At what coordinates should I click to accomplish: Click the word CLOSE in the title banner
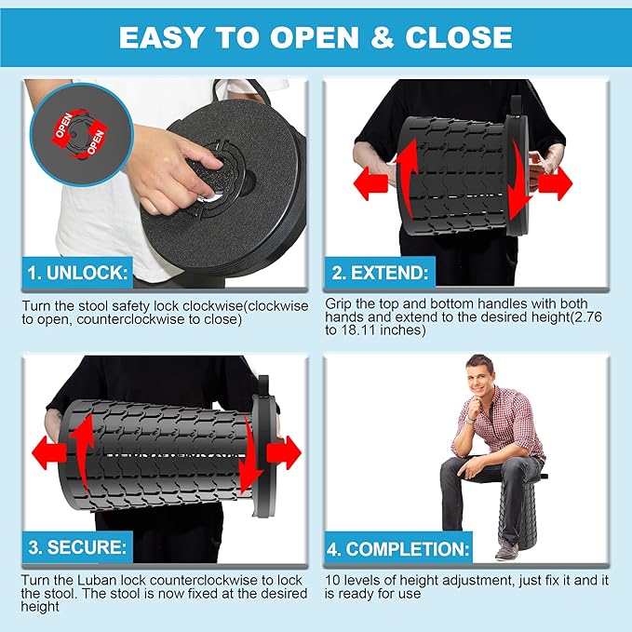click(x=459, y=37)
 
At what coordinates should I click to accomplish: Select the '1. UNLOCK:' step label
click(x=77, y=273)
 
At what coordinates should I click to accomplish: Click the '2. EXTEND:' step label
click(x=380, y=273)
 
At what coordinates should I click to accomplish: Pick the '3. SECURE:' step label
click(x=77, y=547)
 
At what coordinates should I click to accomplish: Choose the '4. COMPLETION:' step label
click(x=398, y=549)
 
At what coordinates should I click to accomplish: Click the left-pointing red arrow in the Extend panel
click(x=370, y=183)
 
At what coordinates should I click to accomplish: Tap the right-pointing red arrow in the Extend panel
click(x=556, y=183)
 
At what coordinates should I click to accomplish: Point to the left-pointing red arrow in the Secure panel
click(x=48, y=452)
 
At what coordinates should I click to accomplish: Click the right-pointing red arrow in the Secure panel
click(x=284, y=452)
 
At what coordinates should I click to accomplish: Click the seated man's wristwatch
click(x=470, y=420)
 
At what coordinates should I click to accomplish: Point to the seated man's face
click(x=478, y=380)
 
